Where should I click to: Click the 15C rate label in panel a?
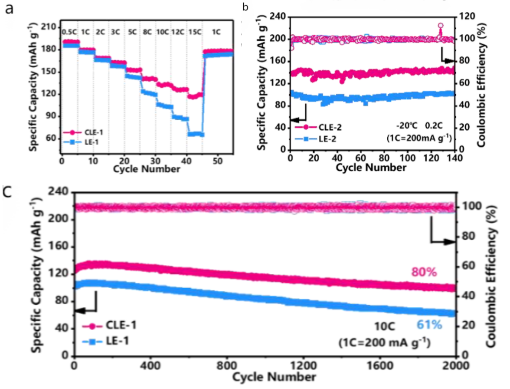[195, 31]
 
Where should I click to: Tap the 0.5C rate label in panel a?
[70, 31]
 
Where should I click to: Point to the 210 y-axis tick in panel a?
[50, 27]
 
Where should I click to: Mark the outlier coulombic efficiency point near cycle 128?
[441, 26]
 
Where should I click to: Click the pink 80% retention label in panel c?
[424, 272]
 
